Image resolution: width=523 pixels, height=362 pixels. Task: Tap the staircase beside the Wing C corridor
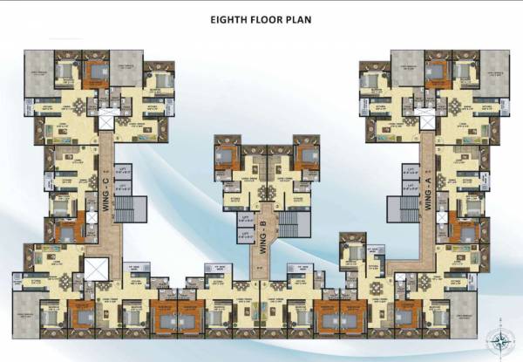coord(126,210)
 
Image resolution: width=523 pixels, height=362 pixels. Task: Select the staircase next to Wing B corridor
coord(288,223)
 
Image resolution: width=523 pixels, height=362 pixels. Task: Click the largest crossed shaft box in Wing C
coord(95,268)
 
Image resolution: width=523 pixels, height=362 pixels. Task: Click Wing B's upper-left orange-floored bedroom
coord(225,157)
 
